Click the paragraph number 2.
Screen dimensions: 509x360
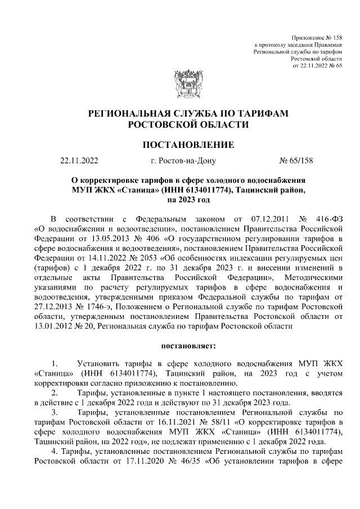coord(54,392)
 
